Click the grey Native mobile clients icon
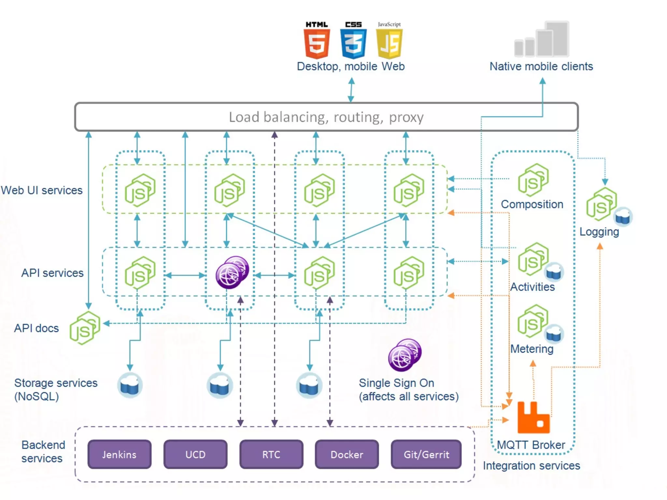coord(542,40)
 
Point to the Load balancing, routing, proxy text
coord(326,117)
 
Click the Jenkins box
coord(120,454)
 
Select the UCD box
coord(195,454)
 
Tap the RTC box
coord(271,454)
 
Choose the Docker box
coord(347,454)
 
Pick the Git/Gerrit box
coord(426,454)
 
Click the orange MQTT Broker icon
coord(533,418)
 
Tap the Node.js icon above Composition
coord(533,180)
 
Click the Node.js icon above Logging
coord(601,204)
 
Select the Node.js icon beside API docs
coord(85,328)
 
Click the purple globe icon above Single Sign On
coord(405,355)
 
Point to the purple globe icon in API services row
coord(232,272)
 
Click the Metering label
coord(532,349)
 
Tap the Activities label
coord(532,287)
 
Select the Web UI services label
coord(42,190)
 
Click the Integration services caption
coord(531,466)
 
